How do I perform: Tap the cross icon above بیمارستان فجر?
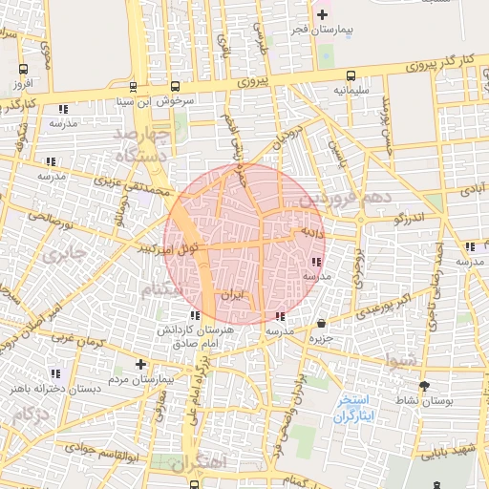tap(322, 14)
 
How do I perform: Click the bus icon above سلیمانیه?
tap(351, 74)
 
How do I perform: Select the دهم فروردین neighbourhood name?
tap(345, 198)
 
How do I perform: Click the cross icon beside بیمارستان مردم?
tap(140, 364)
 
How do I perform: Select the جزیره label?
tap(320, 338)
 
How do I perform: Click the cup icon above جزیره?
tap(320, 324)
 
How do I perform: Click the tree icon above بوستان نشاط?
tap(424, 386)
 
